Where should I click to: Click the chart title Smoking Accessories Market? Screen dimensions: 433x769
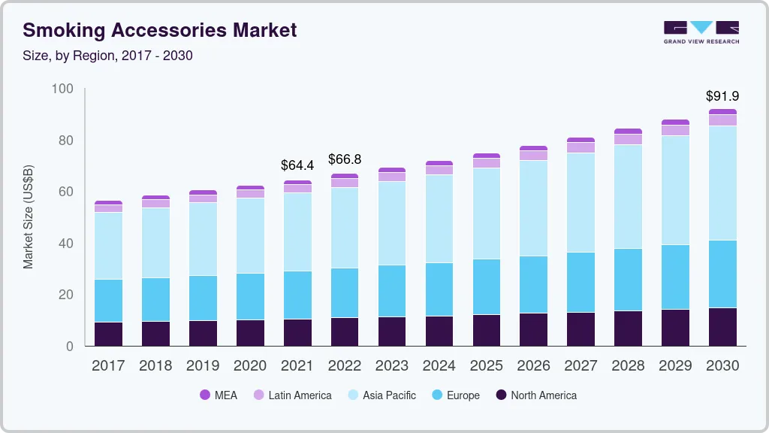click(x=159, y=30)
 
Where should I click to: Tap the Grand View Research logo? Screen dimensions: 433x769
click(x=701, y=32)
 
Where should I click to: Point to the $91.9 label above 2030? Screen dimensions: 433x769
click(x=722, y=96)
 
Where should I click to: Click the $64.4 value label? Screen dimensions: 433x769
click(x=297, y=165)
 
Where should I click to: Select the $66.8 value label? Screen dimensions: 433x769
click(x=345, y=159)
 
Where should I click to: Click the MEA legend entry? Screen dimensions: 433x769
click(x=219, y=395)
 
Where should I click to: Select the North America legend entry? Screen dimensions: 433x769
click(x=535, y=395)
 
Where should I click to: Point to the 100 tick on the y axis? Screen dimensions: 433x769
click(x=63, y=89)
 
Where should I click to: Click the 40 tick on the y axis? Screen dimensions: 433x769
click(x=67, y=244)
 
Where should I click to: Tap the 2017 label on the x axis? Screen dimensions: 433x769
click(x=108, y=366)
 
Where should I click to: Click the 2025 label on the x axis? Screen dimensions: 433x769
click(x=486, y=366)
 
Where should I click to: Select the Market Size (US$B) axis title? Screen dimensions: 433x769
click(x=29, y=217)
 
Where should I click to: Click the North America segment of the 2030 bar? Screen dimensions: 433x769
click(x=722, y=327)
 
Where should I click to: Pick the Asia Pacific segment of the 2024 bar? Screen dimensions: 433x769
click(x=439, y=219)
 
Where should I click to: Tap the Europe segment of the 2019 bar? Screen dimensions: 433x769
click(x=203, y=298)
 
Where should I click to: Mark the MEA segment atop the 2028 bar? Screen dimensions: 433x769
click(x=628, y=132)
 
